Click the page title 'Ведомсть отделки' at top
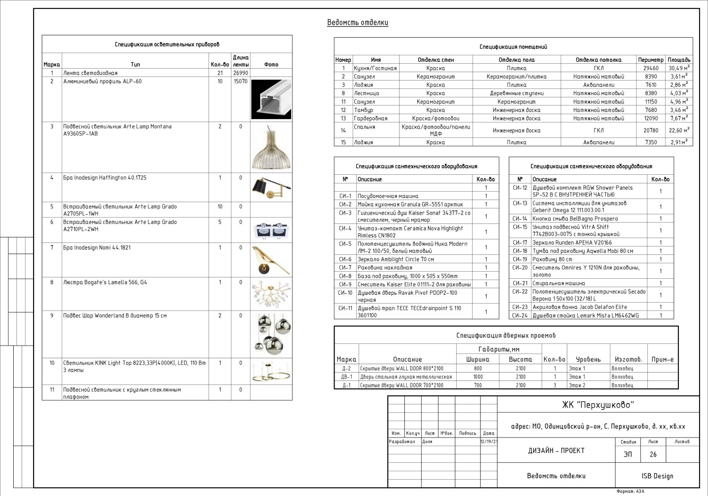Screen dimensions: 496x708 coord(358,23)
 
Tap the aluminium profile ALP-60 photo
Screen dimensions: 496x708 coord(271,100)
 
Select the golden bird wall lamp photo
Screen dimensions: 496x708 coord(271,260)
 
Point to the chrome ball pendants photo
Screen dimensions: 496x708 coord(271,334)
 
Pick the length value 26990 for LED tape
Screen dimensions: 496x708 coord(241,73)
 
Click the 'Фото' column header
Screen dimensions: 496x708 coord(271,65)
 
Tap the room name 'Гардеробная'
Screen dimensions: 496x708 coord(370,119)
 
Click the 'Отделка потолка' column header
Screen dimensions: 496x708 coord(598,60)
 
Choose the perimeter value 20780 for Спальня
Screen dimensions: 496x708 coord(651,131)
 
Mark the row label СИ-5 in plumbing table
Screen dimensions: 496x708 coord(345,244)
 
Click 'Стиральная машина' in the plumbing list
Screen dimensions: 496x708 coord(558,283)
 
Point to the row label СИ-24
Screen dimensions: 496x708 coord(520,315)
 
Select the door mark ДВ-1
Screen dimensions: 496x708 coord(346,377)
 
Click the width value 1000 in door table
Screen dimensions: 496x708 coord(478,377)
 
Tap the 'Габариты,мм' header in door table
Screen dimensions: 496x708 coord(499,350)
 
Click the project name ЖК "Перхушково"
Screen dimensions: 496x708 coord(598,405)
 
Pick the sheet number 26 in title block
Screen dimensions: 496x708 coord(653,454)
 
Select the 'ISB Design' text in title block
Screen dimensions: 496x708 coord(657,476)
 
